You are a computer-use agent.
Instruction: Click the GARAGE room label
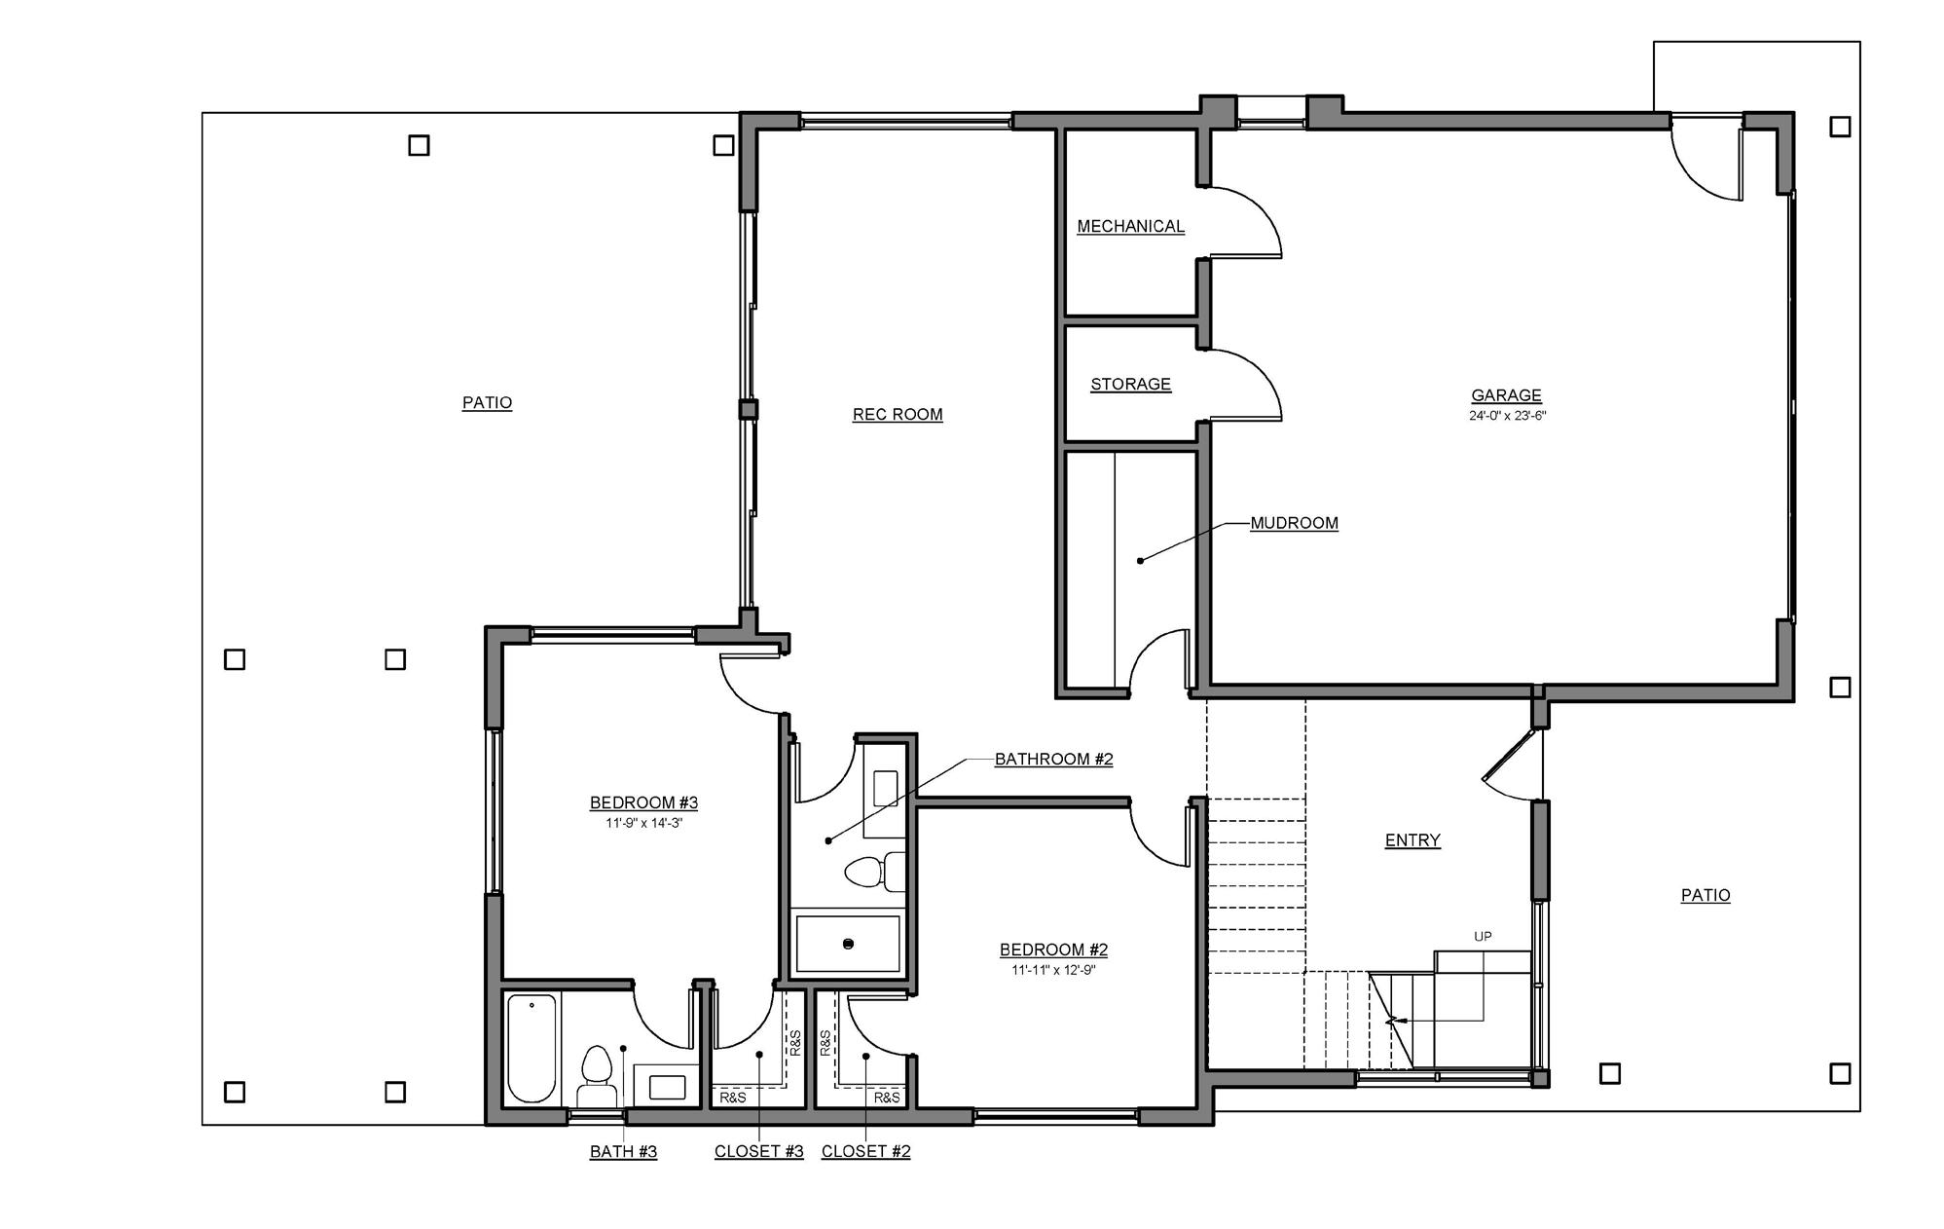tap(1506, 395)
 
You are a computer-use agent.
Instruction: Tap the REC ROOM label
tap(898, 415)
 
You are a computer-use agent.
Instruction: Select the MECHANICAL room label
tap(1130, 226)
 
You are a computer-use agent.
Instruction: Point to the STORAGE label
tap(1130, 384)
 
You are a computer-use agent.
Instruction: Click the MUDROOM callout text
tap(1294, 523)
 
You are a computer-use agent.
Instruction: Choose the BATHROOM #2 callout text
tap(1053, 759)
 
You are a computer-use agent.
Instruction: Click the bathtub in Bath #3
tap(532, 1048)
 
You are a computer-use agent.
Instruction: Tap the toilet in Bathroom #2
tap(874, 872)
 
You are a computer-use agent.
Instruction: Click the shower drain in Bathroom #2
tap(848, 944)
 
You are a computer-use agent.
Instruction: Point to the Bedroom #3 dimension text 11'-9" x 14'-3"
tap(643, 823)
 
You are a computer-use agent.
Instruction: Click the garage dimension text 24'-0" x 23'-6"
tap(1508, 416)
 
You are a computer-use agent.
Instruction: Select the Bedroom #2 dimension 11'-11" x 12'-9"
tap(1054, 970)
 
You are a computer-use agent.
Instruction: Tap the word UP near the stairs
tap(1483, 937)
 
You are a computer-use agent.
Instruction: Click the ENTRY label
tap(1412, 840)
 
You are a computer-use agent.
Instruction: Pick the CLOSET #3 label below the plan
tap(759, 1151)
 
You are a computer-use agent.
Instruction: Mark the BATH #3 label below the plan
tap(623, 1151)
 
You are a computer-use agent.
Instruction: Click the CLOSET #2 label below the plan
tap(866, 1151)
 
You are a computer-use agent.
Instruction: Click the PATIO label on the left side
tap(487, 403)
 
